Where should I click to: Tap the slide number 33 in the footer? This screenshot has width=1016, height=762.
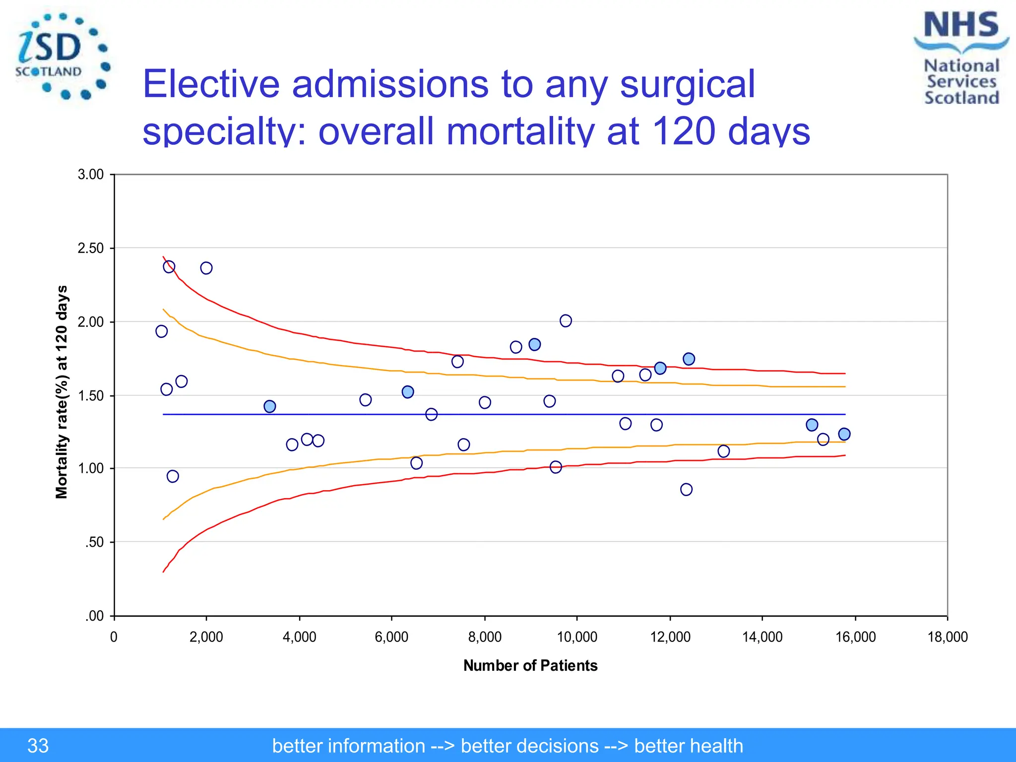(x=38, y=746)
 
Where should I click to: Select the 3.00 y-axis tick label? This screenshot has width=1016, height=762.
(x=91, y=175)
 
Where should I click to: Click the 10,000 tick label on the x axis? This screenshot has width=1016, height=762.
(x=577, y=637)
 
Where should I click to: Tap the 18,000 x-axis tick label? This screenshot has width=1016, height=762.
(x=948, y=637)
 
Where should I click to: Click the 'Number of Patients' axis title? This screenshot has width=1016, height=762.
(x=530, y=665)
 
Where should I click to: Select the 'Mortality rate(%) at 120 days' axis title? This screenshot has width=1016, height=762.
(x=62, y=392)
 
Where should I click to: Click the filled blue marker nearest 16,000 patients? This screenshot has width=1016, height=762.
(x=844, y=434)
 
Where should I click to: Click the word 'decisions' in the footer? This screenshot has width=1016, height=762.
(x=529, y=746)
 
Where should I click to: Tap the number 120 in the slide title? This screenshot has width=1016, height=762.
(x=684, y=131)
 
